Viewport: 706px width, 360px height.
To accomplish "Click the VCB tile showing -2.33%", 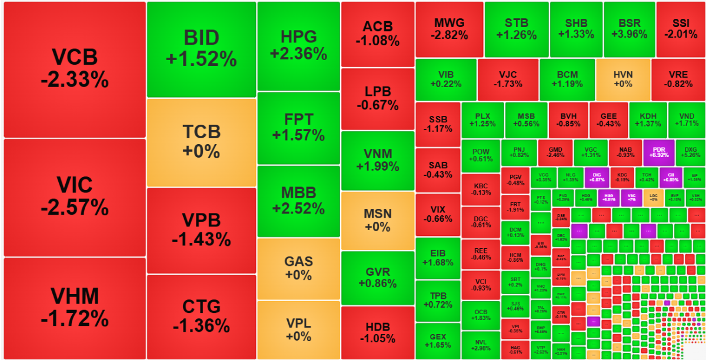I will coord(74,69).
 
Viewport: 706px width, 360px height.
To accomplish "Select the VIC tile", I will coord(74,196).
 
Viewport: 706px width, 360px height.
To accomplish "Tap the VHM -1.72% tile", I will coord(74,308).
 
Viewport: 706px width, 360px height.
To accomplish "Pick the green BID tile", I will coord(201,49).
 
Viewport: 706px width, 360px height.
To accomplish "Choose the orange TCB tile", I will coord(201,142).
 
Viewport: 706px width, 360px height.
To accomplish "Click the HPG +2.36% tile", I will coord(298,45).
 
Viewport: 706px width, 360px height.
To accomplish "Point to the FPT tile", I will coord(298,127).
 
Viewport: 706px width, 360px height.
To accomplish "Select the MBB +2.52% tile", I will coord(298,200).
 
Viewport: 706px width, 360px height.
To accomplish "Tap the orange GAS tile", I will coord(298,268).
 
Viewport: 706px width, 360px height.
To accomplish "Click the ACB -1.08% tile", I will coord(377,34).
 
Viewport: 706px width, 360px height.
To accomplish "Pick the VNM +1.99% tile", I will coord(377,160).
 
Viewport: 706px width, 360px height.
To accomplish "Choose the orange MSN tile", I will coord(377,220).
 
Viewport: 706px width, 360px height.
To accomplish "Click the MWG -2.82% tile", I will coord(449,29).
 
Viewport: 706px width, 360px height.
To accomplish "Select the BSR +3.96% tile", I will coord(629,29).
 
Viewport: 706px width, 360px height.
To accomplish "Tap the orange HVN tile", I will coord(622,79).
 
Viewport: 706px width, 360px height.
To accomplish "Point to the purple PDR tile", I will coord(658,151).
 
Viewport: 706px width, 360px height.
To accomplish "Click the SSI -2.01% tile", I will coord(680,29).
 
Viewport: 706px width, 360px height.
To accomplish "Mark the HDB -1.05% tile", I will coord(377,332).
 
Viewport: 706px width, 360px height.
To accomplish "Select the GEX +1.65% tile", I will coord(437,341).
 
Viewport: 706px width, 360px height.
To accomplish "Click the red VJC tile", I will coord(507,79).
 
